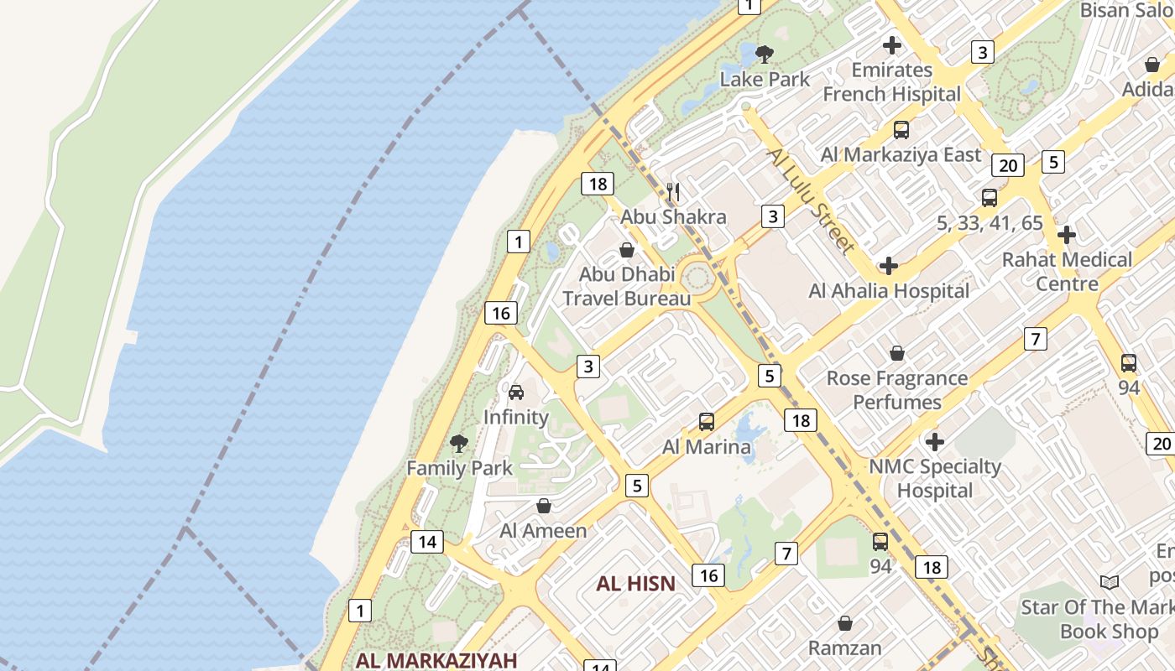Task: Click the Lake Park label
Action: pyautogui.click(x=765, y=79)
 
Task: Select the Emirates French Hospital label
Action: pyautogui.click(x=891, y=81)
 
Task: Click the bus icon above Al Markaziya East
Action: pyautogui.click(x=901, y=130)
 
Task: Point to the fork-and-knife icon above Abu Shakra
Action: pyautogui.click(x=672, y=193)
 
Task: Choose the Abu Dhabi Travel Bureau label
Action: pyautogui.click(x=626, y=286)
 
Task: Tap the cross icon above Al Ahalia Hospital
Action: pyautogui.click(x=888, y=267)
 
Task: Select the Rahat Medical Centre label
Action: pyautogui.click(x=1067, y=271)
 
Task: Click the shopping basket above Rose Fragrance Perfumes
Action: pyautogui.click(x=896, y=353)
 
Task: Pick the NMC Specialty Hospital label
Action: pyautogui.click(x=934, y=478)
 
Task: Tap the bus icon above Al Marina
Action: pyautogui.click(x=707, y=422)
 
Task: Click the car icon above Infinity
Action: pyautogui.click(x=516, y=393)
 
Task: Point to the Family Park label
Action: pyautogui.click(x=459, y=468)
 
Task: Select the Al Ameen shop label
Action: pyautogui.click(x=543, y=530)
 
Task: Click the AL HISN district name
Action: pyautogui.click(x=635, y=584)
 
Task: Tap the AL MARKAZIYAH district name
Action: pyautogui.click(x=436, y=659)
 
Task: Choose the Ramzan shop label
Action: pyautogui.click(x=844, y=648)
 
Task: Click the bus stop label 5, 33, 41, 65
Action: pyautogui.click(x=989, y=223)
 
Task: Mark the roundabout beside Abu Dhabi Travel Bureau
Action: pyautogui.click(x=697, y=274)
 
